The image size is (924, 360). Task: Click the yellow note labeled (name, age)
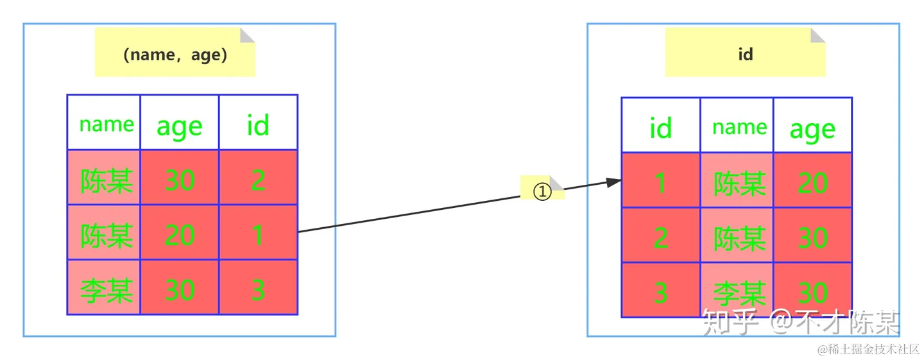coord(175,53)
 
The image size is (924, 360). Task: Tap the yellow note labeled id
coord(745,53)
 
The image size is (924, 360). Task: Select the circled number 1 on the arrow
coord(542,191)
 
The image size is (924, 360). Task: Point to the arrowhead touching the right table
coord(614,182)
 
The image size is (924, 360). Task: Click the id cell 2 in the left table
coord(258,177)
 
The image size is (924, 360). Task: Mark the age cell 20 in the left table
coord(180,232)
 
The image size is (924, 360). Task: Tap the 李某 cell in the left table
coord(103,287)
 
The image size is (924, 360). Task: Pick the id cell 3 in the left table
coord(258,287)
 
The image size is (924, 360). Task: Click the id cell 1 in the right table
coord(661,180)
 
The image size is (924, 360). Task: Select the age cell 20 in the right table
coord(812,180)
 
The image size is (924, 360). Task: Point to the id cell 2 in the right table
coord(661,235)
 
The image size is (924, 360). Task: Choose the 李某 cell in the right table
coord(737,290)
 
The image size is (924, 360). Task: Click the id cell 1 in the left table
coord(258,232)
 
